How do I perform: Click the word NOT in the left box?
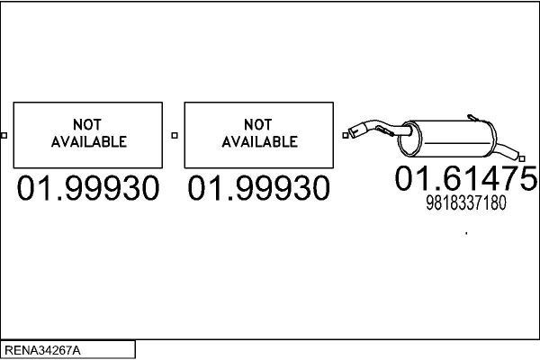coord(87,124)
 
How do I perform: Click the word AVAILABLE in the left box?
coord(89,141)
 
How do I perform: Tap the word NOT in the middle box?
coord(258,124)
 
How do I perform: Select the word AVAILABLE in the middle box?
coord(260,141)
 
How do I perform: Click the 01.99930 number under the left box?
coord(88,188)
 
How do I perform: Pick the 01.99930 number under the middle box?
coord(258,188)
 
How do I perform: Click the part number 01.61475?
coord(466,178)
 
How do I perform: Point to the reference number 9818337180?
coord(466,202)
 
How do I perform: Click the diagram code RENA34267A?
coord(42,350)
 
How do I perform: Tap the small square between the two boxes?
coord(175,135)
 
